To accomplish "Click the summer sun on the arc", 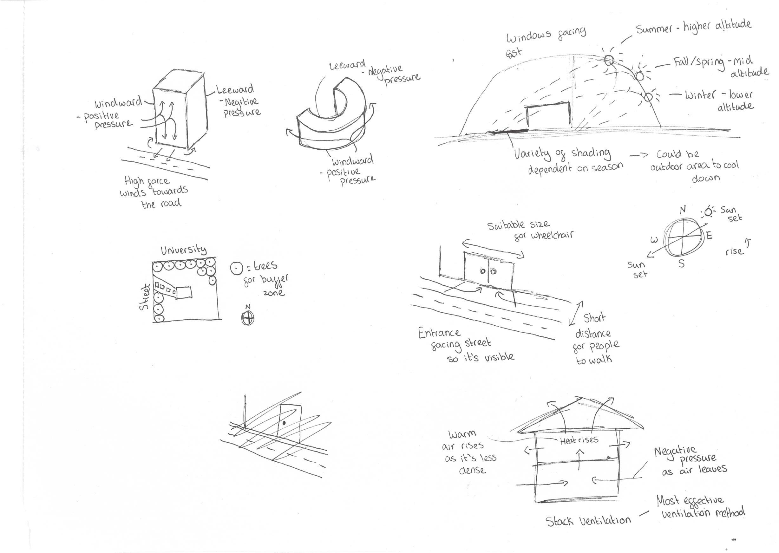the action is click(609, 61).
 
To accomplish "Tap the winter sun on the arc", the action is click(648, 97).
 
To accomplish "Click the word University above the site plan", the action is click(184, 250).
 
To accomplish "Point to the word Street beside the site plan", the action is click(144, 297).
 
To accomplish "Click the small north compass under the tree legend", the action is click(248, 318).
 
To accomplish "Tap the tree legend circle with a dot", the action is click(236, 268).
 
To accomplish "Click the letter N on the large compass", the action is click(683, 210).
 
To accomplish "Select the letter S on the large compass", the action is click(681, 263).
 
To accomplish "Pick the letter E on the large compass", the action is click(710, 235).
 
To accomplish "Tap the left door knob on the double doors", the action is click(483, 271).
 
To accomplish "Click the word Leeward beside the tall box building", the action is click(235, 89).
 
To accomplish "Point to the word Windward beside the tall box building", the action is click(118, 102).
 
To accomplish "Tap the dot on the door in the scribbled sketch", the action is click(284, 423).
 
